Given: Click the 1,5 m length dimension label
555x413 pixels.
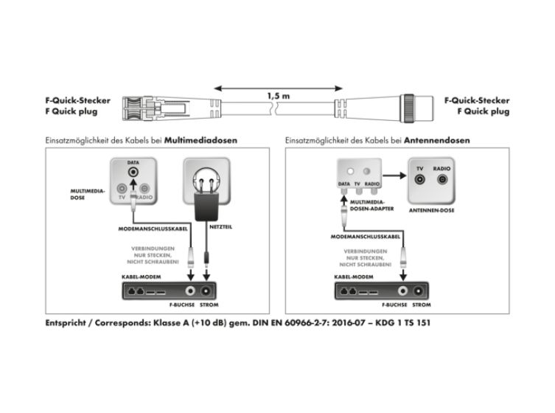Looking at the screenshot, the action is click(279, 96).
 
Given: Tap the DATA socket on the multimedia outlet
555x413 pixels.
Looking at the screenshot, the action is click(133, 172).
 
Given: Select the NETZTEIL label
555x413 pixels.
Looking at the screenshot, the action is click(221, 226).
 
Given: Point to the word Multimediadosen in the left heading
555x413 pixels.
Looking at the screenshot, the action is click(200, 140).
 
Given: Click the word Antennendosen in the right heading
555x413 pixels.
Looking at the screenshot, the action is click(437, 140).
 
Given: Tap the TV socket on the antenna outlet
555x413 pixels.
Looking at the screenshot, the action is click(420, 179).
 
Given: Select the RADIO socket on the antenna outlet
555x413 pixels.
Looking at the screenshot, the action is click(442, 179).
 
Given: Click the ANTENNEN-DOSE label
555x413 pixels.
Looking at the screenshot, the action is click(431, 210).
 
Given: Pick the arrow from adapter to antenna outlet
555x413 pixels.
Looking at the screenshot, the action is click(394, 176).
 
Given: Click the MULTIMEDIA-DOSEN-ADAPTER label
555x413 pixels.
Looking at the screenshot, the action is click(371, 206).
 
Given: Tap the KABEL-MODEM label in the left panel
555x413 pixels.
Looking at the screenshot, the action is click(142, 277).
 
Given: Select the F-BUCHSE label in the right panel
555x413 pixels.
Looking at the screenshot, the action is click(394, 305).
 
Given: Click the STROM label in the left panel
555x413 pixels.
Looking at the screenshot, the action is click(209, 305).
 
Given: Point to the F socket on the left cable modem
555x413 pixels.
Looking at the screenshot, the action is click(190, 291).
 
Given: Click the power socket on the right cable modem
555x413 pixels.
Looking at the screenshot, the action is click(419, 291).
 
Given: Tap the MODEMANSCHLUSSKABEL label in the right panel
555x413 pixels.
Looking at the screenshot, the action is click(366, 237).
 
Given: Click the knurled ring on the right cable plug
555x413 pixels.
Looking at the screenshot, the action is click(409, 108).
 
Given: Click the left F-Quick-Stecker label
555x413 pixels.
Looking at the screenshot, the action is click(78, 100).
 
